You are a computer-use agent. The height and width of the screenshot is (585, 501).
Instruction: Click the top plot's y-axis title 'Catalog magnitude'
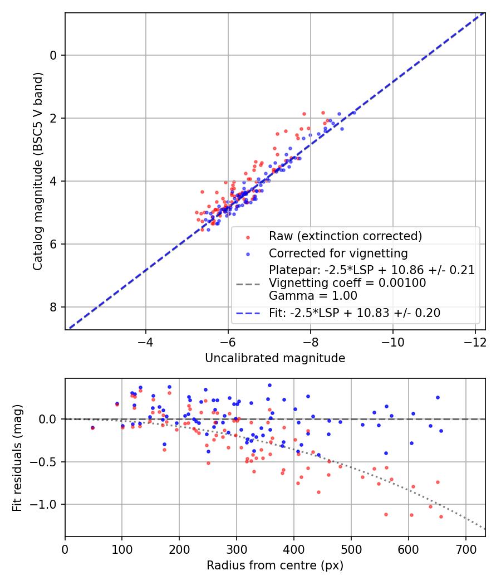click(x=38, y=172)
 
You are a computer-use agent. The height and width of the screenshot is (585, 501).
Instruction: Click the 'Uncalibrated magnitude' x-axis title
click(x=275, y=358)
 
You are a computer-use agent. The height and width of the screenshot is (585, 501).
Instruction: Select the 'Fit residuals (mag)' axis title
click(x=18, y=457)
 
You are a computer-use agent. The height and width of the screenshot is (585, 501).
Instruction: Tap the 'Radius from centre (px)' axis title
click(x=275, y=565)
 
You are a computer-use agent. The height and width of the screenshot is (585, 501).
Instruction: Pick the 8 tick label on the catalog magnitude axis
click(x=54, y=307)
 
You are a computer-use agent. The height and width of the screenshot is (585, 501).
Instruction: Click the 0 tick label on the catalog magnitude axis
click(x=54, y=55)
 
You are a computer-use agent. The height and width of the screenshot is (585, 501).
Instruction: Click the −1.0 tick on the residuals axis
click(x=48, y=505)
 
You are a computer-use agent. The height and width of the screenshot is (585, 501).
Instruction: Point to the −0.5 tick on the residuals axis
click(x=48, y=462)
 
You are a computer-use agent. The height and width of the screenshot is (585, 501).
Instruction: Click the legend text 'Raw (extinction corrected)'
click(x=345, y=236)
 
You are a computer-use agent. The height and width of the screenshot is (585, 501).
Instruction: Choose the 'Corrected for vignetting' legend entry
click(x=338, y=253)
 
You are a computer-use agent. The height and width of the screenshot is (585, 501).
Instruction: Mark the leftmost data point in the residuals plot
click(x=92, y=428)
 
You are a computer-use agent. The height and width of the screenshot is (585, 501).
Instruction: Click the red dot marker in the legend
click(x=248, y=237)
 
